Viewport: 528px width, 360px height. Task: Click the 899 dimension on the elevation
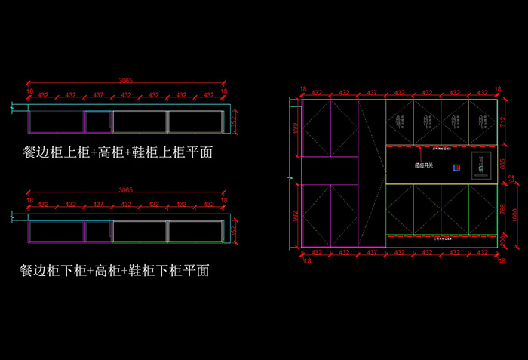295,128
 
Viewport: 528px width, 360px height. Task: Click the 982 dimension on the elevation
295,216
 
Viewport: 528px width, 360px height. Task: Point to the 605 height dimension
502,165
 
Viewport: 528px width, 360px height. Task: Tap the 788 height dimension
502,209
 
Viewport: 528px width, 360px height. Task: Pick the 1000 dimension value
516,214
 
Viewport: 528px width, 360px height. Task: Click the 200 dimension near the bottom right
502,241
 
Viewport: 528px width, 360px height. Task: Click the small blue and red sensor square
456,167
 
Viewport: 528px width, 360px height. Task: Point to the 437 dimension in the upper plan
98,95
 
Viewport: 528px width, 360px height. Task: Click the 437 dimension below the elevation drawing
372,252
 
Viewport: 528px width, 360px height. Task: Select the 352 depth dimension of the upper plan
234,121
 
